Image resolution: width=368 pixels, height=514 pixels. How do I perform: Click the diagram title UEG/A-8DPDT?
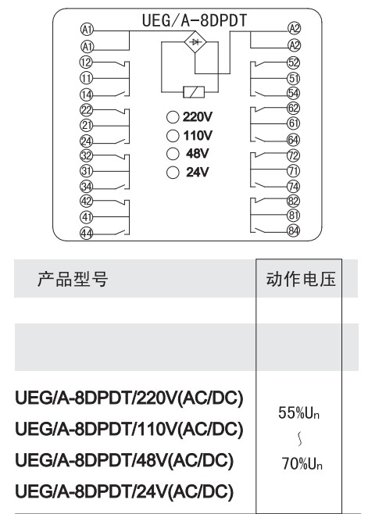(x=195, y=20)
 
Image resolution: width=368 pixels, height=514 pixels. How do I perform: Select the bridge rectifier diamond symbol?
(x=195, y=41)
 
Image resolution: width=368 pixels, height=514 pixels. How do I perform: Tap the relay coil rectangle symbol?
(x=194, y=92)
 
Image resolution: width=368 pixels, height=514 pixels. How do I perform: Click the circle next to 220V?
(x=173, y=117)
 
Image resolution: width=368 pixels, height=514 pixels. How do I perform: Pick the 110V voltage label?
(x=198, y=135)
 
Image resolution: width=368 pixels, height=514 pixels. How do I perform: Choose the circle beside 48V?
(x=173, y=153)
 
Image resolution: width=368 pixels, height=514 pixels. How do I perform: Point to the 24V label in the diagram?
(x=198, y=172)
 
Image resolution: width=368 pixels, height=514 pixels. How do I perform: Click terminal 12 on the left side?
(x=86, y=62)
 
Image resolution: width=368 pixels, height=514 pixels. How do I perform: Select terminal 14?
(x=87, y=95)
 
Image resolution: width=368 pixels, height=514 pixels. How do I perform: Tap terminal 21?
(x=87, y=125)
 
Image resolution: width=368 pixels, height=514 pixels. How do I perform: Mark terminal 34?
(x=87, y=187)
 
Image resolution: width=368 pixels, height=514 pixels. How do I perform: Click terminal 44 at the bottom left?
(x=87, y=234)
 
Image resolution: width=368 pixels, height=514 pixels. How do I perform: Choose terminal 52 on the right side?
(x=294, y=62)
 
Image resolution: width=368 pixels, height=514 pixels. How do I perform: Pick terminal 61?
(x=294, y=123)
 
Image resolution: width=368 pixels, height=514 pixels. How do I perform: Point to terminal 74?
(x=294, y=187)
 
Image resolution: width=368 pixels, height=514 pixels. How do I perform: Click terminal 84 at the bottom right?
(x=294, y=230)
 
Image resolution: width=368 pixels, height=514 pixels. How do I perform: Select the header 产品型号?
(x=73, y=280)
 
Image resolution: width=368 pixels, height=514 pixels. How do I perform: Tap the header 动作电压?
(x=301, y=280)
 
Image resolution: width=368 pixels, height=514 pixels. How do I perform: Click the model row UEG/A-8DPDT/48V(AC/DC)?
(x=124, y=460)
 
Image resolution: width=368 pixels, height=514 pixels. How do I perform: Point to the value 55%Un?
(x=298, y=412)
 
